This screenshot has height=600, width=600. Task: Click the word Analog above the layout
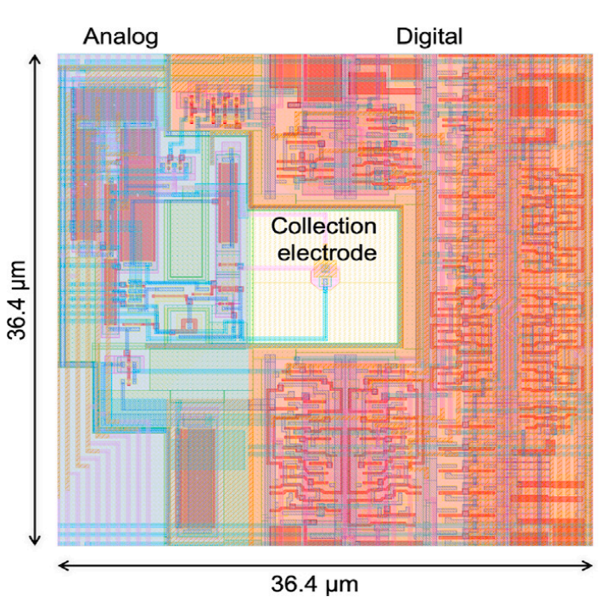(x=120, y=36)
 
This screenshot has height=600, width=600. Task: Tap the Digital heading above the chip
(x=429, y=36)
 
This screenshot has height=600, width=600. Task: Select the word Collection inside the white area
(x=323, y=227)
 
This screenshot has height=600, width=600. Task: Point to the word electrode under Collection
(x=323, y=251)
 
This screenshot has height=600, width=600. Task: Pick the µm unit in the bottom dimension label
(x=344, y=585)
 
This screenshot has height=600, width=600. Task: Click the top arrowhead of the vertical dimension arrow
(x=35, y=59)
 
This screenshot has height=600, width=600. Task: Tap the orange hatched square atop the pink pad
(x=324, y=271)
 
